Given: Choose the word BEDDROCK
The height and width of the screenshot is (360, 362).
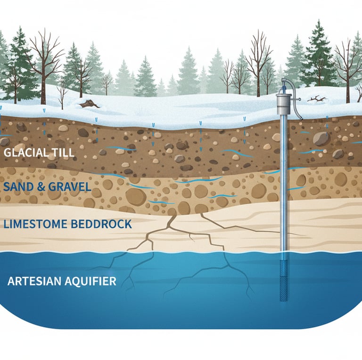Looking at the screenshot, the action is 99,224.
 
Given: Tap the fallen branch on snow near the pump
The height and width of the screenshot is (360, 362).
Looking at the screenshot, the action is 316,99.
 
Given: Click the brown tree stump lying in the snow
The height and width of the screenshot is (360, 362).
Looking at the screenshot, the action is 89,103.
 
